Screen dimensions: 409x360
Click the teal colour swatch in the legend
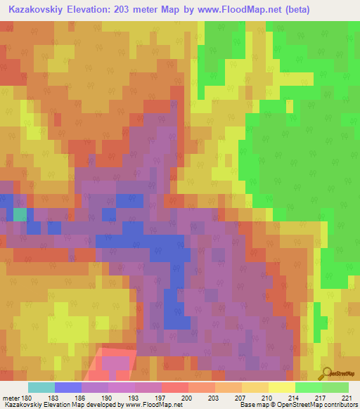pyautogui.click(x=41, y=387)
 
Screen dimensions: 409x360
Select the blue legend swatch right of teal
pyautogui.click(x=68, y=387)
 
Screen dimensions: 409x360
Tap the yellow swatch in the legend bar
pyautogui.click(x=281, y=387)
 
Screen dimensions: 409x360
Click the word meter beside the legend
pyautogui.click(x=10, y=399)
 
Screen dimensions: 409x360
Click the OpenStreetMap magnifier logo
pyautogui.click(x=327, y=372)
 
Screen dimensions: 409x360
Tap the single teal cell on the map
pyautogui.click(x=20, y=214)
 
